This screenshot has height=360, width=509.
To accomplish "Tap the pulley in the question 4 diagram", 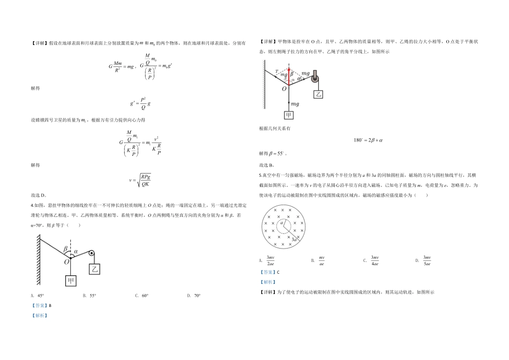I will (x=92, y=254).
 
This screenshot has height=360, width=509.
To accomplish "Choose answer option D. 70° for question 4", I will (x=193, y=295).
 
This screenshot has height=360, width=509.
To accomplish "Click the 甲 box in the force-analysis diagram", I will (x=289, y=115).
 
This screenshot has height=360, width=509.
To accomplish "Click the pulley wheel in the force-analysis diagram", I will (x=316, y=79).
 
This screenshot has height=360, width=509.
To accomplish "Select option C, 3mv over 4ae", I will (x=372, y=261).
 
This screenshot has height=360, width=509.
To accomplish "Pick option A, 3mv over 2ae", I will (x=268, y=261).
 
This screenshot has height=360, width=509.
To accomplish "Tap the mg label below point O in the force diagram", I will (x=295, y=103).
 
